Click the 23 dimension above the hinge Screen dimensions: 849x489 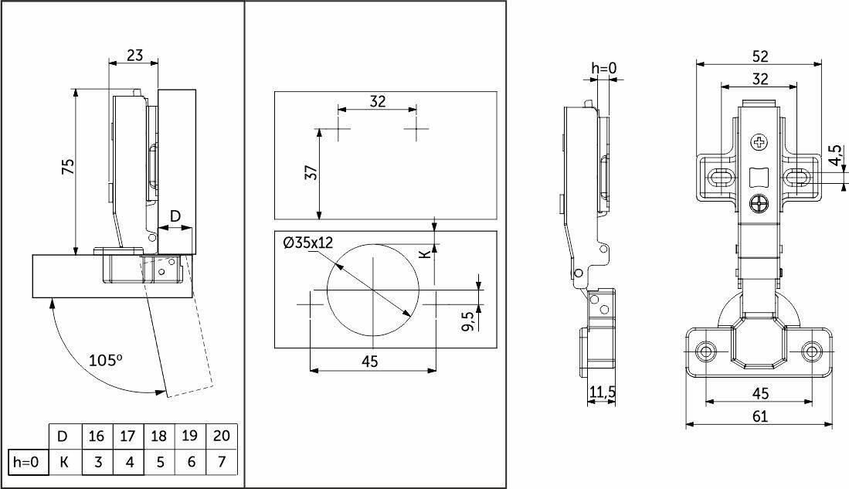[x=135, y=56]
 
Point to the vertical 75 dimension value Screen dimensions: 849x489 [x=69, y=167]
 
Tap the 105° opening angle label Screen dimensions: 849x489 [x=106, y=360]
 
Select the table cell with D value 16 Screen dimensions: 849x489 [x=96, y=436]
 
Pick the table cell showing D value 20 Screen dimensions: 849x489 [x=222, y=436]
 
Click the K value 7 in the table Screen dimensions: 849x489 [x=222, y=462]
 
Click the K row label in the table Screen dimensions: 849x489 [x=64, y=462]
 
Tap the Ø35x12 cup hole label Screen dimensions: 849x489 [x=308, y=243]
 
